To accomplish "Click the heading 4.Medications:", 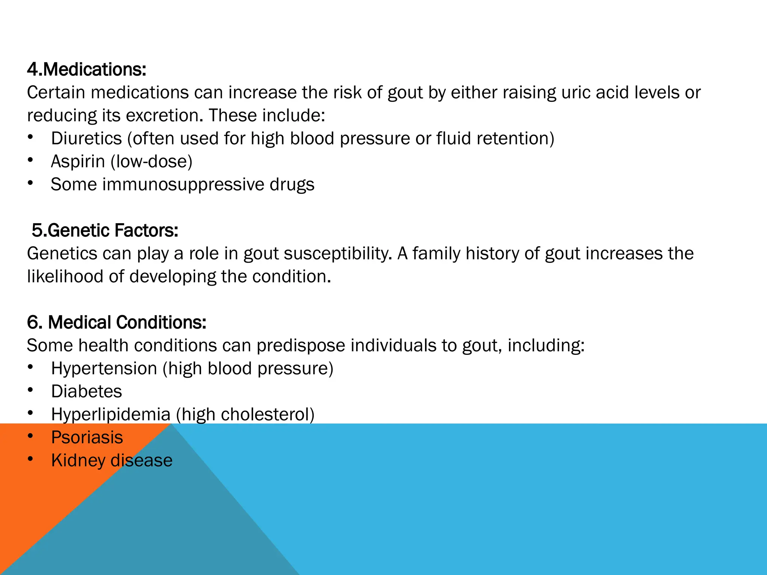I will coord(87,70).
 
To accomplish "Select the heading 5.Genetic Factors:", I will coord(105,231).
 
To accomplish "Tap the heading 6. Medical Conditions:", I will coord(116,322).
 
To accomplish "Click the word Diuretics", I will coord(87,139).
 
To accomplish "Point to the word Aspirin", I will coord(78,162).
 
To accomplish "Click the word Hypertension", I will coord(104,368).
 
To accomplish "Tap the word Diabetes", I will coord(87,392).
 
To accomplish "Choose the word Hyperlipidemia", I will coord(111,415).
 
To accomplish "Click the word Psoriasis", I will coord(87,438).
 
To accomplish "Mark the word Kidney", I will coord(78,460).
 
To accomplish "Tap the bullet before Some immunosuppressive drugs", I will coord(30,183).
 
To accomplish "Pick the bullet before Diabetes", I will coord(30,390).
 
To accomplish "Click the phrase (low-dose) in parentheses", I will coord(152,162).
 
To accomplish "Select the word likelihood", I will coord(65,277).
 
